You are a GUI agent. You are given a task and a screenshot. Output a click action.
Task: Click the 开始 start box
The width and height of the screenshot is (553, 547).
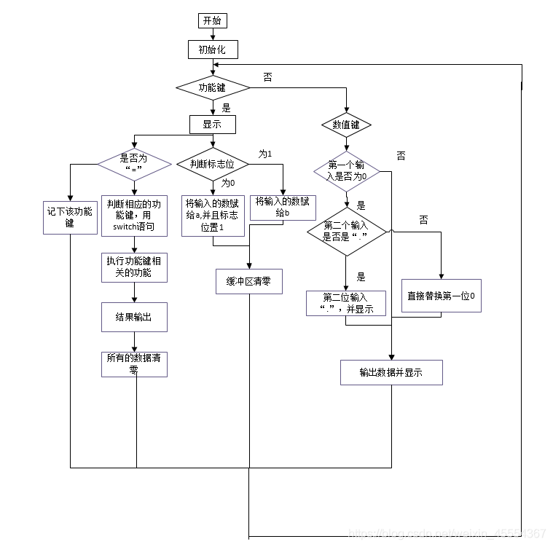tap(213, 20)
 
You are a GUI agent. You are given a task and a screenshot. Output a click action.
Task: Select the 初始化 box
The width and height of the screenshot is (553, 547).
tap(213, 50)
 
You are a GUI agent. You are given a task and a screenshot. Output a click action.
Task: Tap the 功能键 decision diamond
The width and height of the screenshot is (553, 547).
tap(213, 87)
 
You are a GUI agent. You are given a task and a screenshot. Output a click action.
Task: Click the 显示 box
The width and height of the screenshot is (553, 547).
tap(213, 125)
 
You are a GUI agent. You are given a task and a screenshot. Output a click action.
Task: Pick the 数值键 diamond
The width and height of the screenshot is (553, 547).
tap(346, 125)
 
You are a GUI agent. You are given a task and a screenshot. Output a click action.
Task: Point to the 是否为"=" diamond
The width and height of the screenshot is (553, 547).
tap(133, 164)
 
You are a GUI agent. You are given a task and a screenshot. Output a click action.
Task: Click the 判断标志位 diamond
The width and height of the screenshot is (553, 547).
tap(213, 164)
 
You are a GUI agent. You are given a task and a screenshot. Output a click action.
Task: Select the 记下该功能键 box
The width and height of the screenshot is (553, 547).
tap(70, 217)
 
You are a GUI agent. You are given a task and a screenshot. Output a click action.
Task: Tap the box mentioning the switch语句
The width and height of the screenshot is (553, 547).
tap(134, 215)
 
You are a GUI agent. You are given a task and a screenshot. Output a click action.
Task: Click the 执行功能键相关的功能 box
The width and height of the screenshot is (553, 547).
tap(134, 267)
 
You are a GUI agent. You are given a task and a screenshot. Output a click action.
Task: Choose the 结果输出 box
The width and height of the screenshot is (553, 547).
tap(134, 318)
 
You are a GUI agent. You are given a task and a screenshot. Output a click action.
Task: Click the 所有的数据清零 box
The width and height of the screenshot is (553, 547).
tap(134, 363)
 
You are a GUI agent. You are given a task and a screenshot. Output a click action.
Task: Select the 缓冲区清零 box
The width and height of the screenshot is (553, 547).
tap(248, 281)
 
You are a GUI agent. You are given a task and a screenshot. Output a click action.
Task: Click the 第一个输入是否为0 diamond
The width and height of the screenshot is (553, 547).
tap(347, 171)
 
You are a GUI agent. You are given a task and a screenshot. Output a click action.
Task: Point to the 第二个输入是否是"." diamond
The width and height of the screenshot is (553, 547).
tap(347, 232)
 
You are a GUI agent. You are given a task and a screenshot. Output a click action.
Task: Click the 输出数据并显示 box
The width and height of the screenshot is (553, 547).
tap(391, 372)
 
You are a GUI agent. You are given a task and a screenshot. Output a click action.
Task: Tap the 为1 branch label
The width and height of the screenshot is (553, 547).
tap(265, 154)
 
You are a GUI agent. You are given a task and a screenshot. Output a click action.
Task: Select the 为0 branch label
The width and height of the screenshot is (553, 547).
tap(228, 183)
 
